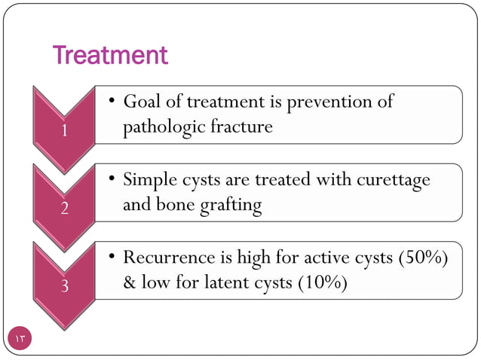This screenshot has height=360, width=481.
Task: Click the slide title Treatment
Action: pos(109,55)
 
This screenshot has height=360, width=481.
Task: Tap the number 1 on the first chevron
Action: pos(64,132)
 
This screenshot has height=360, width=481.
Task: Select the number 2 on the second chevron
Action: pos(64,209)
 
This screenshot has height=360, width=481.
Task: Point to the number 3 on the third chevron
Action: pos(64,286)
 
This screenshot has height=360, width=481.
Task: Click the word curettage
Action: pos(391,180)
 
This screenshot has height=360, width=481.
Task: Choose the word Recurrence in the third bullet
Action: pos(167,258)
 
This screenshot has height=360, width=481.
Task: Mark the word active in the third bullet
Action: pos(332,258)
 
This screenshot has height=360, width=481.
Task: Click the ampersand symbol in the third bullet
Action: pos(129,284)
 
